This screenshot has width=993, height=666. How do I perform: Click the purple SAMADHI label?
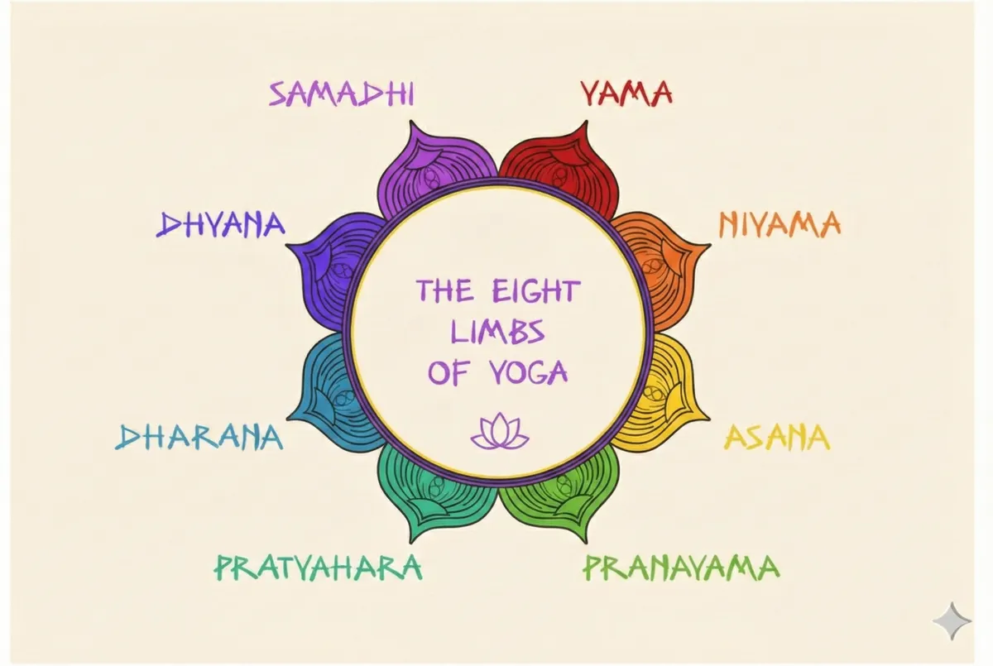(x=341, y=95)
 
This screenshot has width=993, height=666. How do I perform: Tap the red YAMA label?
(x=625, y=93)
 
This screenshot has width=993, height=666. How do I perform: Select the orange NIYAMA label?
(x=779, y=224)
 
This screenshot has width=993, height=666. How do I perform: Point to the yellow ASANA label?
(x=776, y=437)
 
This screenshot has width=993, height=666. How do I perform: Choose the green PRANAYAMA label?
(x=681, y=568)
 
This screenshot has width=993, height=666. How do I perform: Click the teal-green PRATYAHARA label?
(x=319, y=568)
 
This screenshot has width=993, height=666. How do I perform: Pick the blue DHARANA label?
(x=199, y=437)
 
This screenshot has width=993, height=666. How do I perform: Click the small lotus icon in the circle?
(x=498, y=432)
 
